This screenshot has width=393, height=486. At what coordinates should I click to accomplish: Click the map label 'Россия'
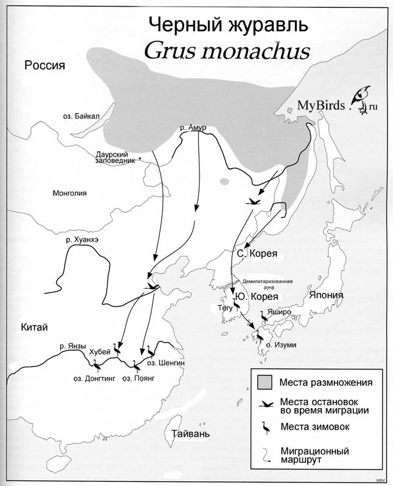click(44, 66)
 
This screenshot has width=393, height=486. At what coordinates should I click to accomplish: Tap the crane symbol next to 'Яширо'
click(265, 316)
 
